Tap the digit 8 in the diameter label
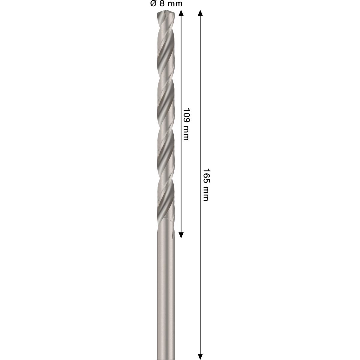[x=162, y=4]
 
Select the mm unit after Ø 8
[x=174, y=4]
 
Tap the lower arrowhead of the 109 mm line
[x=181, y=235]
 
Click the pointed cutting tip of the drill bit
[x=165, y=13]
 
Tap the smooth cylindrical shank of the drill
[x=166, y=285]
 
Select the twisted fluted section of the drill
[x=166, y=120]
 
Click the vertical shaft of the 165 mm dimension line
[x=200, y=255]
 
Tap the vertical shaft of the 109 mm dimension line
[x=181, y=75]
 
